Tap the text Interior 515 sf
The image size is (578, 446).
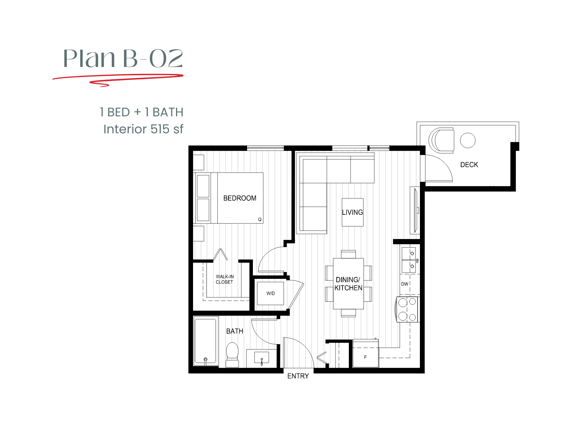tap(143, 129)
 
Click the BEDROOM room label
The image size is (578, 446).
tap(240, 198)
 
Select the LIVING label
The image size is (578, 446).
tap(352, 212)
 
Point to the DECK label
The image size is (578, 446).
tap(469, 165)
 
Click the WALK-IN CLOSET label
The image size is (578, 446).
tap(225, 279)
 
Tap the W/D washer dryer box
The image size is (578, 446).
tap(271, 293)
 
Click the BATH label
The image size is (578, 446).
tap(234, 331)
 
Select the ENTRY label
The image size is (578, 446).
tap(298, 376)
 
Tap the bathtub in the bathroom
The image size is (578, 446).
tap(205, 341)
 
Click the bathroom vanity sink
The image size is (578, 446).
tap(262, 358)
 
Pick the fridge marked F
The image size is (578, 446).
tap(365, 357)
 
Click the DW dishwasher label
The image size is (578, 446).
tap(405, 284)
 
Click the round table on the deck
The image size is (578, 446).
tap(468, 140)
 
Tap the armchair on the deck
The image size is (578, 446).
tap(442, 140)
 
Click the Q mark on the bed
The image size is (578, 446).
tap(260, 219)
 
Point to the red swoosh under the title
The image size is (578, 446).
tap(118, 78)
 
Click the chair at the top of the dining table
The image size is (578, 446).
tap(348, 254)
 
